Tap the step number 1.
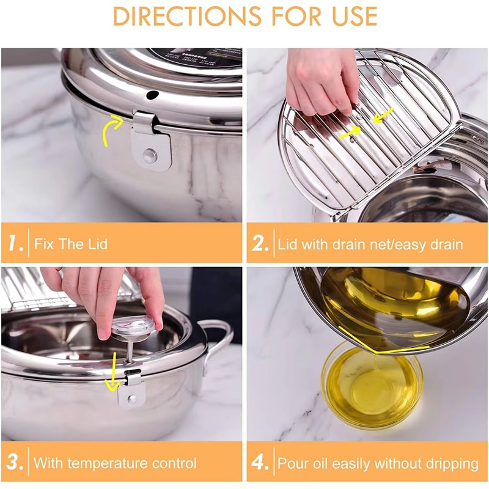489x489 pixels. [x=15, y=243]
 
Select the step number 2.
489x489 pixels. [x=260, y=243]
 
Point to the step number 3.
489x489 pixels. [x=15, y=462]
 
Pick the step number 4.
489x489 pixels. [x=260, y=462]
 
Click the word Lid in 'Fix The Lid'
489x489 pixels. [x=96, y=244]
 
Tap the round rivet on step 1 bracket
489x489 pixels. [x=149, y=155]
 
